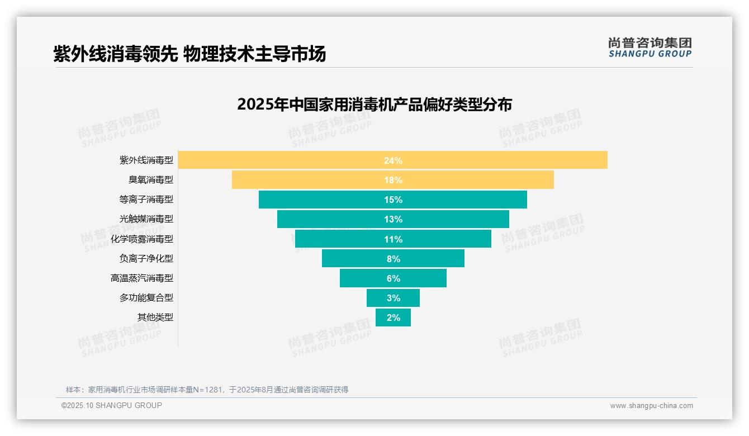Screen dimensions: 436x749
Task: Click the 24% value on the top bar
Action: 393,160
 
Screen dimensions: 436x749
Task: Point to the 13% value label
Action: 393,219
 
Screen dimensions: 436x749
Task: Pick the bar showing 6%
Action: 393,278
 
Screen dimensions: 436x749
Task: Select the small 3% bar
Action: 393,298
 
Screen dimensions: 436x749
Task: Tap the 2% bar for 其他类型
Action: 393,317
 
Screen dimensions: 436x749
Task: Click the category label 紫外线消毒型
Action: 146,160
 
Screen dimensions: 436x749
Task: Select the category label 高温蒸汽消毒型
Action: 142,278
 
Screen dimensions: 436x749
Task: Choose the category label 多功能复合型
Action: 146,298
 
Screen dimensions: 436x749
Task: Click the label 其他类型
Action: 155,317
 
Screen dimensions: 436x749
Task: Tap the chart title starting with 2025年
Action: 374,105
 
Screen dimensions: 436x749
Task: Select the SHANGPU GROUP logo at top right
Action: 650,48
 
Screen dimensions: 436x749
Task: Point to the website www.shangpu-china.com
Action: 651,406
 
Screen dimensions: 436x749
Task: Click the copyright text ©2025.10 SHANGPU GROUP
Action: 112,405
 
